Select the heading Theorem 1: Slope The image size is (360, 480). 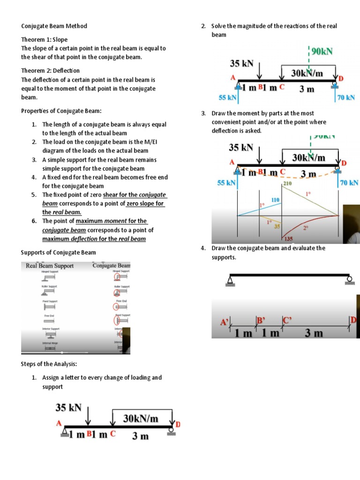click(44, 39)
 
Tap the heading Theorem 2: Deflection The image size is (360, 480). click(50, 70)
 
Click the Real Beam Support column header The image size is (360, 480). click(50, 266)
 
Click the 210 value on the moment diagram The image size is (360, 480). click(287, 184)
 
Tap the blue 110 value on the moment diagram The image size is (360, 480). click(276, 200)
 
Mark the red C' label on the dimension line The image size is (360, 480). click(287, 321)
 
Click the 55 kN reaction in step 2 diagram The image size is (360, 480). click(228, 97)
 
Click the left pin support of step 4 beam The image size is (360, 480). click(230, 281)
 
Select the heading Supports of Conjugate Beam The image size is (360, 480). click(58, 253)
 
